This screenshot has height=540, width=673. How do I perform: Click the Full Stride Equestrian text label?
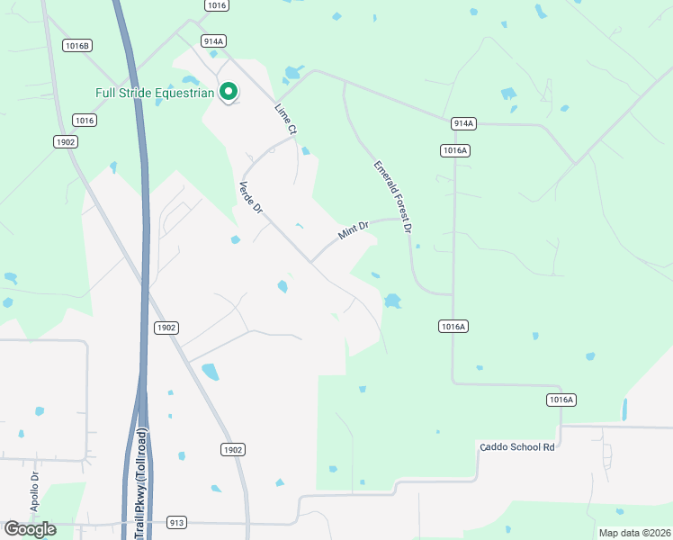point(155,93)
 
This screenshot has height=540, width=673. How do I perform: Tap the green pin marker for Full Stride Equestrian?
point(229,91)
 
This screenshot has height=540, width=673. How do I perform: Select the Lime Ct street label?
point(285,120)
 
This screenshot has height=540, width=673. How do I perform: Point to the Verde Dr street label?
point(249,197)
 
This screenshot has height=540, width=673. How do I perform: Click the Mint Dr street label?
point(354,231)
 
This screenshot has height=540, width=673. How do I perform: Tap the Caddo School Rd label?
point(516,447)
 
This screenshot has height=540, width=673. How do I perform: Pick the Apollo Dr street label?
point(35,493)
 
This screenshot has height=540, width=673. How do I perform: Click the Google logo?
point(30,529)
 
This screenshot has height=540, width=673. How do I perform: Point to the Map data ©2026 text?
point(634,533)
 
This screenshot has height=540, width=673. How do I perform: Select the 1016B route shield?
point(77,45)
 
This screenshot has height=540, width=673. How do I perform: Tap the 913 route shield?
point(176,522)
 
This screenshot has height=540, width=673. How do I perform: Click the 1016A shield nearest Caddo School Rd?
point(561,399)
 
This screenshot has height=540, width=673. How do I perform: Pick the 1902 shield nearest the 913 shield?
point(232,449)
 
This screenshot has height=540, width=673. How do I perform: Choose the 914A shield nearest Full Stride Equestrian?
point(213,41)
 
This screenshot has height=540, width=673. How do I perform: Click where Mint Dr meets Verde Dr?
point(311,262)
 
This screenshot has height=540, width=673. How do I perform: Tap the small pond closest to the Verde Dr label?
point(236,239)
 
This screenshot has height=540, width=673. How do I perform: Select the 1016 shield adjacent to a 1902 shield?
point(85,121)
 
